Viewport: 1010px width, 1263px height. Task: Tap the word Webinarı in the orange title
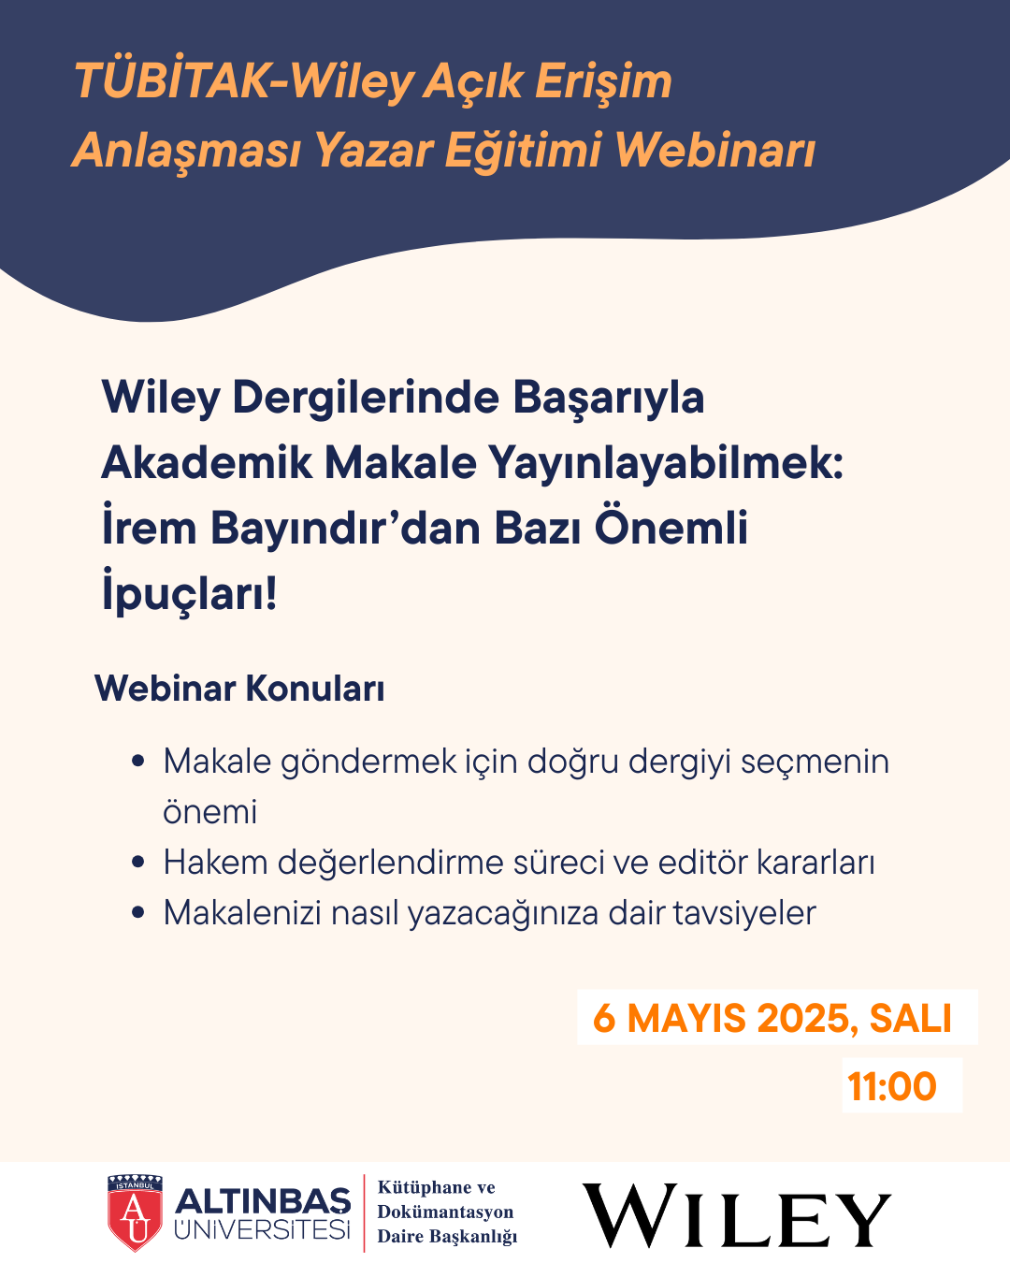(715, 150)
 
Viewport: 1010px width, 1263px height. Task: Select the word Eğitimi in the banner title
(523, 151)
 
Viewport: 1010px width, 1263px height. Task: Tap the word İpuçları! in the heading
(189, 593)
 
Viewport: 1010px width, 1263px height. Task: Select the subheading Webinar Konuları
(239, 688)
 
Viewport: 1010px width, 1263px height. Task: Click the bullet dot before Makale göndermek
(138, 762)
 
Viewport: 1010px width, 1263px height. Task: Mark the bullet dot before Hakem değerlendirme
(138, 863)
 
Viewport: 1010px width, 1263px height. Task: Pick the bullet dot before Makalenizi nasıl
(138, 912)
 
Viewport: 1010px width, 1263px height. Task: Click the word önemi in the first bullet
(210, 812)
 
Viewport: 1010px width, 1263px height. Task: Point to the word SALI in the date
(910, 1019)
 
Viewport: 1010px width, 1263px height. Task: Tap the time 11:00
(892, 1087)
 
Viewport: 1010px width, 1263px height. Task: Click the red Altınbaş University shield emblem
(135, 1212)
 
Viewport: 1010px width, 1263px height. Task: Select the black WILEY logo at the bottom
(737, 1214)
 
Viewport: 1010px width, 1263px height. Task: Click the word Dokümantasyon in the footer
(445, 1212)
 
